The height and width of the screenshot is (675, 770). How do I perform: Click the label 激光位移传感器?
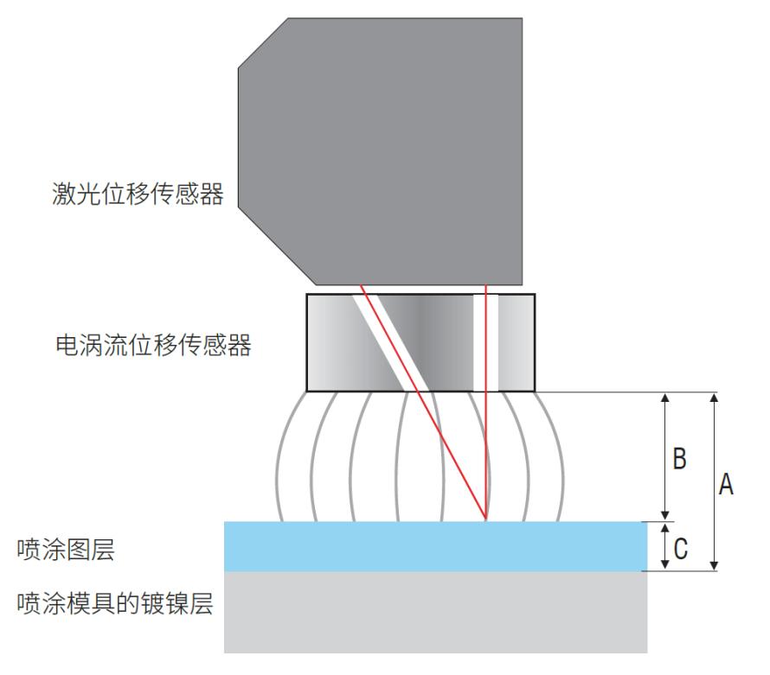coord(138,194)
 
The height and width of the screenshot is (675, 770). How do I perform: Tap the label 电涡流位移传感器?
coord(154,345)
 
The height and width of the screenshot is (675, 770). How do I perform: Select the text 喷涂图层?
coord(66,550)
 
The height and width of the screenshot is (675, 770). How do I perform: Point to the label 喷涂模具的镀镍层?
coord(115,603)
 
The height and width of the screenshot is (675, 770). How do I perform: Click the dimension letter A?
coord(726,484)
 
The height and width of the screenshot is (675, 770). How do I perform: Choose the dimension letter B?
coord(679,459)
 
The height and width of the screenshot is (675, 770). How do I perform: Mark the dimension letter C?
coord(680,549)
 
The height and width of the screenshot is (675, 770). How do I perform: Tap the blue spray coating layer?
coord(435,546)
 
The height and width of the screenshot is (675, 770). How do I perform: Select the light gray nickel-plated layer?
coord(435,612)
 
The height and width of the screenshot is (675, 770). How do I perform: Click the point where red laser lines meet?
coord(485,519)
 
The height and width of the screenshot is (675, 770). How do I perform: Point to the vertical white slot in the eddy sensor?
coord(485,342)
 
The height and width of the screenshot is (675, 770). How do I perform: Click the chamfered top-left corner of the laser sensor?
coord(263,43)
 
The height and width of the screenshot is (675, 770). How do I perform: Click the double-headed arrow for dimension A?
coord(715,481)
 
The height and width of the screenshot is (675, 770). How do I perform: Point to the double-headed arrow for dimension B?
coord(665,456)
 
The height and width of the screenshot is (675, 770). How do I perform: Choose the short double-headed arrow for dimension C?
coord(665,546)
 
